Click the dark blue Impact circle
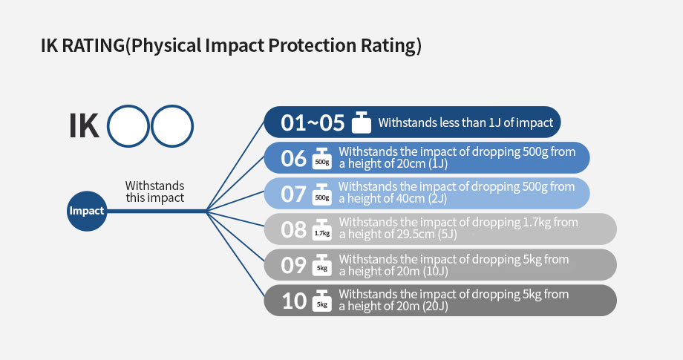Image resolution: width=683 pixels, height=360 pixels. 87,211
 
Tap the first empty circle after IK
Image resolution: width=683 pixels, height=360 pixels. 128,126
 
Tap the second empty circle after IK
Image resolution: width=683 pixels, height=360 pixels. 172,126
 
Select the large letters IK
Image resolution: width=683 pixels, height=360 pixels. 84,126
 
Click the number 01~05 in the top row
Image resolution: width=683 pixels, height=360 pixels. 313,122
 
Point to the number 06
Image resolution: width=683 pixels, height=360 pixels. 293,158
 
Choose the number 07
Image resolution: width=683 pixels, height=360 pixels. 293,194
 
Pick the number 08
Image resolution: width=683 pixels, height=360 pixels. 293,230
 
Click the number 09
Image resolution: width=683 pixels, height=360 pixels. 293,265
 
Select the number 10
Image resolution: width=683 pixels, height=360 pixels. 294,301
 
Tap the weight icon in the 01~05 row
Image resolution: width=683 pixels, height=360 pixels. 362,122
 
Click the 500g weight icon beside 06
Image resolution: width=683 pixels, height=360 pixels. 322,158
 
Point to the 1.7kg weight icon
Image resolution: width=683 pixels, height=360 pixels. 322,229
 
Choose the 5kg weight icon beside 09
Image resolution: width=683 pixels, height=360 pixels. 322,265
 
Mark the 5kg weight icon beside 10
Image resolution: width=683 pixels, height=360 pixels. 322,301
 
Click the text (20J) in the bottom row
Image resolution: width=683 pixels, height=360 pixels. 435,307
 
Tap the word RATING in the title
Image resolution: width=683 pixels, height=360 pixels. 94,46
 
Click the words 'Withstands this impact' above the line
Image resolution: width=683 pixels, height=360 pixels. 154,192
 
